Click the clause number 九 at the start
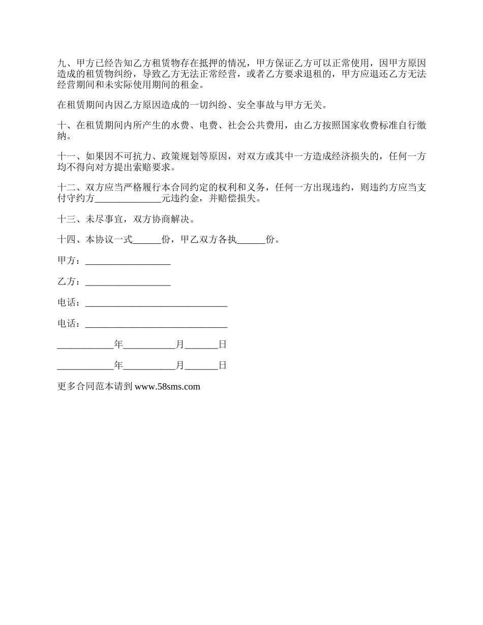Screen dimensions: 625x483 62,64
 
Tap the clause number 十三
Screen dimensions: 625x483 66,220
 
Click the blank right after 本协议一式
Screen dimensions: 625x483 146,240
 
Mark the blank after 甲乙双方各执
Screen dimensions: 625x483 251,240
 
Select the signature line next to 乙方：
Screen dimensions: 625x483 128,282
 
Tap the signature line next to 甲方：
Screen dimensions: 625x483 128,261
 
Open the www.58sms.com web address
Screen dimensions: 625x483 167,387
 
